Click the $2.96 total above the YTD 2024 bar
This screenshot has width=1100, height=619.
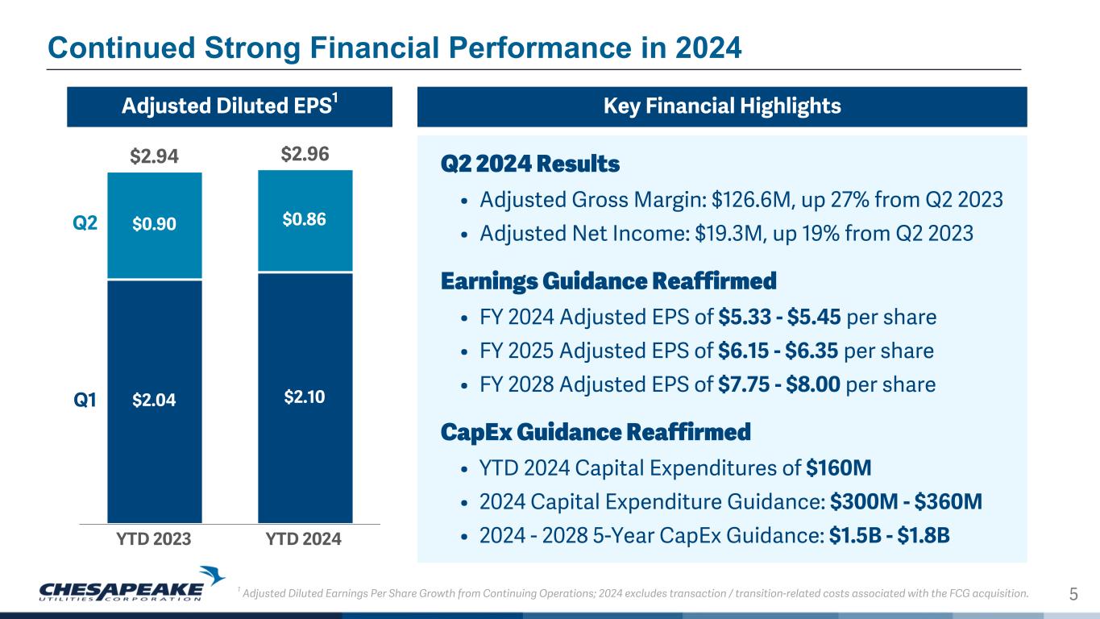tap(305, 154)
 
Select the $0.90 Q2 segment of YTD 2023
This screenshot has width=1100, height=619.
tap(155, 226)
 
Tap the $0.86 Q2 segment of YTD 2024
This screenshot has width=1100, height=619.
tap(305, 219)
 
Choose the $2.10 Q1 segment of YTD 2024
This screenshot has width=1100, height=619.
tap(305, 397)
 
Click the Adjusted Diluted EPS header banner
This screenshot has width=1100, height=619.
tap(229, 106)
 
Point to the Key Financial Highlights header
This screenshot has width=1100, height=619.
tap(721, 106)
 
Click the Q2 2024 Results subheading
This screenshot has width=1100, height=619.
tap(530, 164)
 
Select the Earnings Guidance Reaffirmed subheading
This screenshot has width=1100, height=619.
tap(608, 282)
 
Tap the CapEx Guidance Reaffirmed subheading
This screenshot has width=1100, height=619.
tap(596, 432)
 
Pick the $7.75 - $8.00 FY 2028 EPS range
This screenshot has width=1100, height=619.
tap(780, 384)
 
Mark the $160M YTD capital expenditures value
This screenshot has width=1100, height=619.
tap(839, 468)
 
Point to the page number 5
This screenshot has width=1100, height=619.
tap(1073, 595)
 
